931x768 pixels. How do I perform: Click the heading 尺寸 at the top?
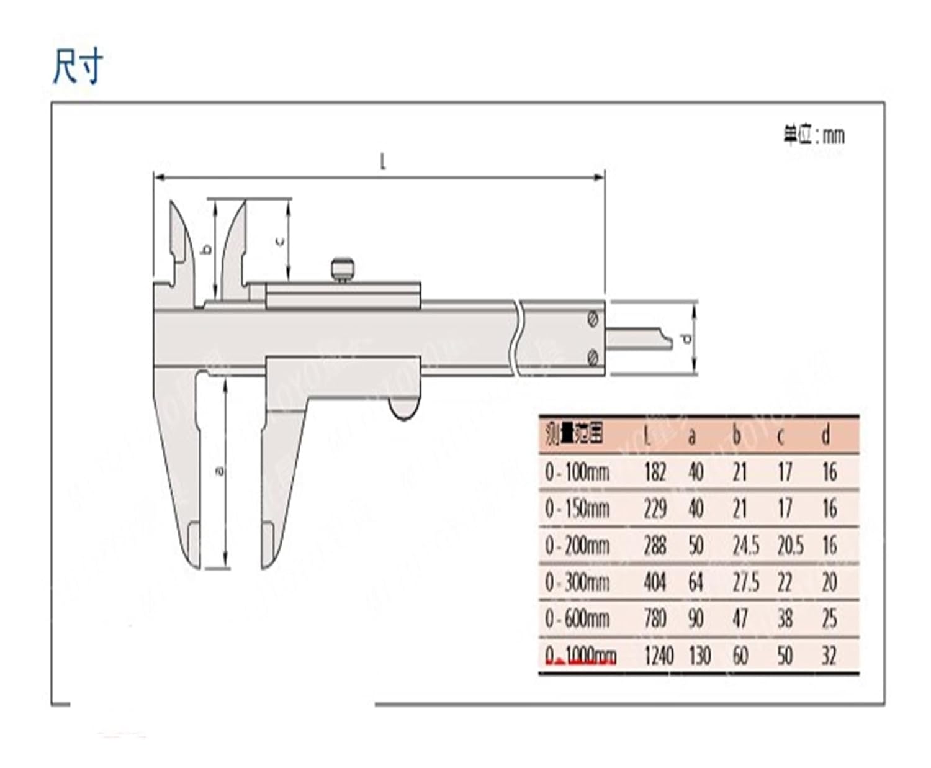pos(77,67)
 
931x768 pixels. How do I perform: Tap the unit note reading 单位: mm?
pos(814,135)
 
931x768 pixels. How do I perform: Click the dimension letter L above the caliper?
pos(383,163)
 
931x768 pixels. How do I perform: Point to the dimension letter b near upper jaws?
pos(207,249)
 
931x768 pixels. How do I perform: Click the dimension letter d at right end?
pos(686,338)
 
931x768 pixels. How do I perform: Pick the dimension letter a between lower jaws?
pos(218,471)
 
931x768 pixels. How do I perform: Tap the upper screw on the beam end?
pos(593,318)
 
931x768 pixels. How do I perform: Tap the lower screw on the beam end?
pos(593,357)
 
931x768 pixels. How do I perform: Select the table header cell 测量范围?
pos(574,435)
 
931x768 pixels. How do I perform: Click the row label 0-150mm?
pos(577,509)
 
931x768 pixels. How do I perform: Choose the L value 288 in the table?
pos(655,546)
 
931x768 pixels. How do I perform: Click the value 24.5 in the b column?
pos(745,546)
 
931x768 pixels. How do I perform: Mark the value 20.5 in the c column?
pos(790,546)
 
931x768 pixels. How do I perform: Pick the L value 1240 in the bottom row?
pos(658,656)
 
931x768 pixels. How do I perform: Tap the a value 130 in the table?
pos(699,656)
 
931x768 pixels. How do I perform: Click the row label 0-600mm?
pos(577,619)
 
